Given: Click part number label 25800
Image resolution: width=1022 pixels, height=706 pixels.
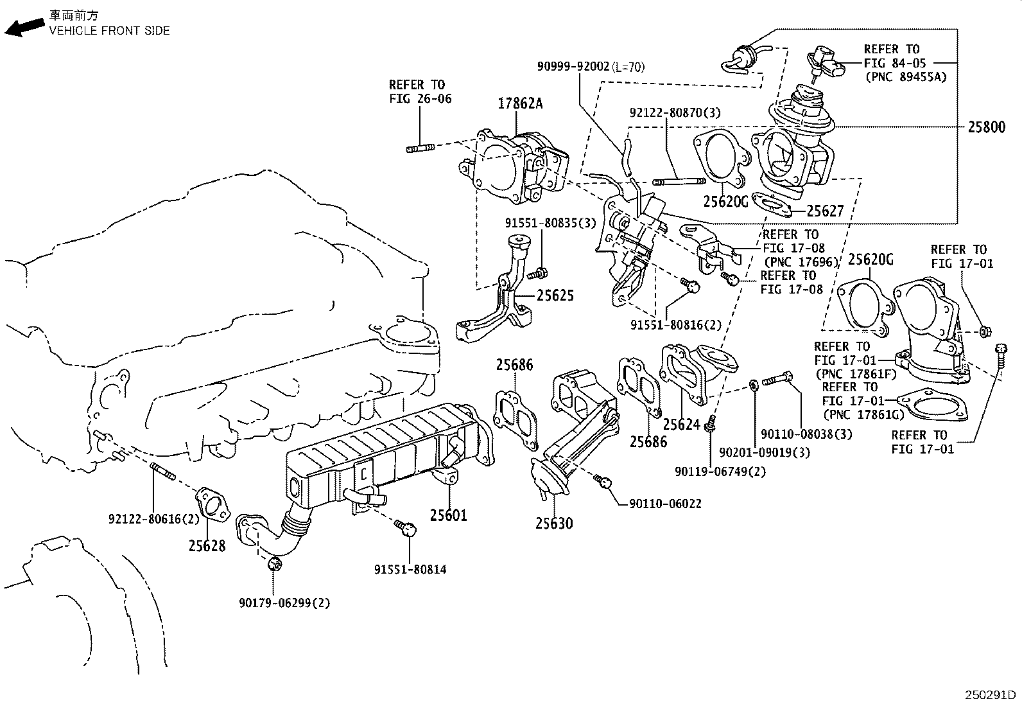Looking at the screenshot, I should (x=987, y=127).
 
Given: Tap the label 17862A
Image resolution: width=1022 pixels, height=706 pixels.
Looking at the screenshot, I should (x=520, y=103).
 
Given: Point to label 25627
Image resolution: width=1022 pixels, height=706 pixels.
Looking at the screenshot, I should (x=825, y=211).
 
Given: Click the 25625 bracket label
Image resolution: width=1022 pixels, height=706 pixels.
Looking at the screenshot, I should (x=555, y=296).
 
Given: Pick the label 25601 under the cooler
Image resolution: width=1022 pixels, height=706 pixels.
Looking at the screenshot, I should (x=449, y=515).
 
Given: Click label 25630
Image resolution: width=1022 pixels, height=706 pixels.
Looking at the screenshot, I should (x=554, y=524).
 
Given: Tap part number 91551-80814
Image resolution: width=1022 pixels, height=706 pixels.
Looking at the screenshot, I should (x=410, y=569).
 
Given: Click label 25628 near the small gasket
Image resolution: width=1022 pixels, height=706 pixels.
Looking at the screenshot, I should (x=207, y=546).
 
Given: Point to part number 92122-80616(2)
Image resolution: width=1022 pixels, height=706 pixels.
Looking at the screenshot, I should (x=145, y=519).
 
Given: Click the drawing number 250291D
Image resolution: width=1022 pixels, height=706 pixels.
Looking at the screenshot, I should (x=991, y=696).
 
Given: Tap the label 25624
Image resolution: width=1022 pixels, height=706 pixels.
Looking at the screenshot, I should (x=682, y=425).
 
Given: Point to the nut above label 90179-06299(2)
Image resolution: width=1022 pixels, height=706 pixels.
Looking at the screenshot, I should (x=275, y=564).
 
